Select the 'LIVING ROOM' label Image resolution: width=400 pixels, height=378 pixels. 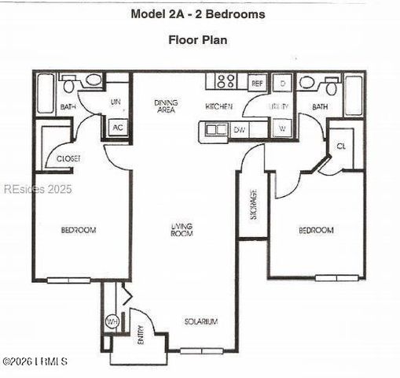point(182,230)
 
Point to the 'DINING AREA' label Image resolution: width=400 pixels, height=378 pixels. point(166,106)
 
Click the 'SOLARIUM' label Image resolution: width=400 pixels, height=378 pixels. point(200,321)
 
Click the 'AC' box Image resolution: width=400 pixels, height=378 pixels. point(118,128)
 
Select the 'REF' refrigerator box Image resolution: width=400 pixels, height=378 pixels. point(257,82)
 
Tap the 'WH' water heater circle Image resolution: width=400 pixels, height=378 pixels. point(112,322)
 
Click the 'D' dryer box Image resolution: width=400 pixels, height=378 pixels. point(281,83)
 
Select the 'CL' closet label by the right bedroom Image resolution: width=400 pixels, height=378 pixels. point(341,146)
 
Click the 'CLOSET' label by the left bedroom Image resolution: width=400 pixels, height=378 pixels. point(68,159)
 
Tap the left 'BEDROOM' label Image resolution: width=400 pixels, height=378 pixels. point(79,230)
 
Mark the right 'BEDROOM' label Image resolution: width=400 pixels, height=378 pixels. point(316,230)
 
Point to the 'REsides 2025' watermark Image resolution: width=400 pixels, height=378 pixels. point(38,189)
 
